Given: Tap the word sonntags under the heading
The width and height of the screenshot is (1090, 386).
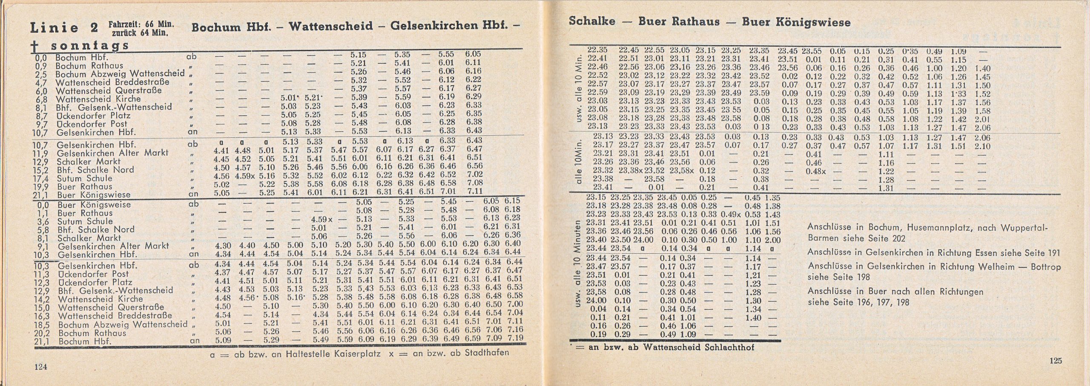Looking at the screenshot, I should tap(89, 46).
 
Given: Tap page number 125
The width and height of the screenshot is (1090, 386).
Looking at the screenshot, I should tap(1056, 361).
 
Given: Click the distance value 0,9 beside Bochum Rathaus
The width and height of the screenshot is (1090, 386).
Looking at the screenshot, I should tap(43, 66).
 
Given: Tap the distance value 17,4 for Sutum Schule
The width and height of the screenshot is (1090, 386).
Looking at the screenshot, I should tap(43, 179).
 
